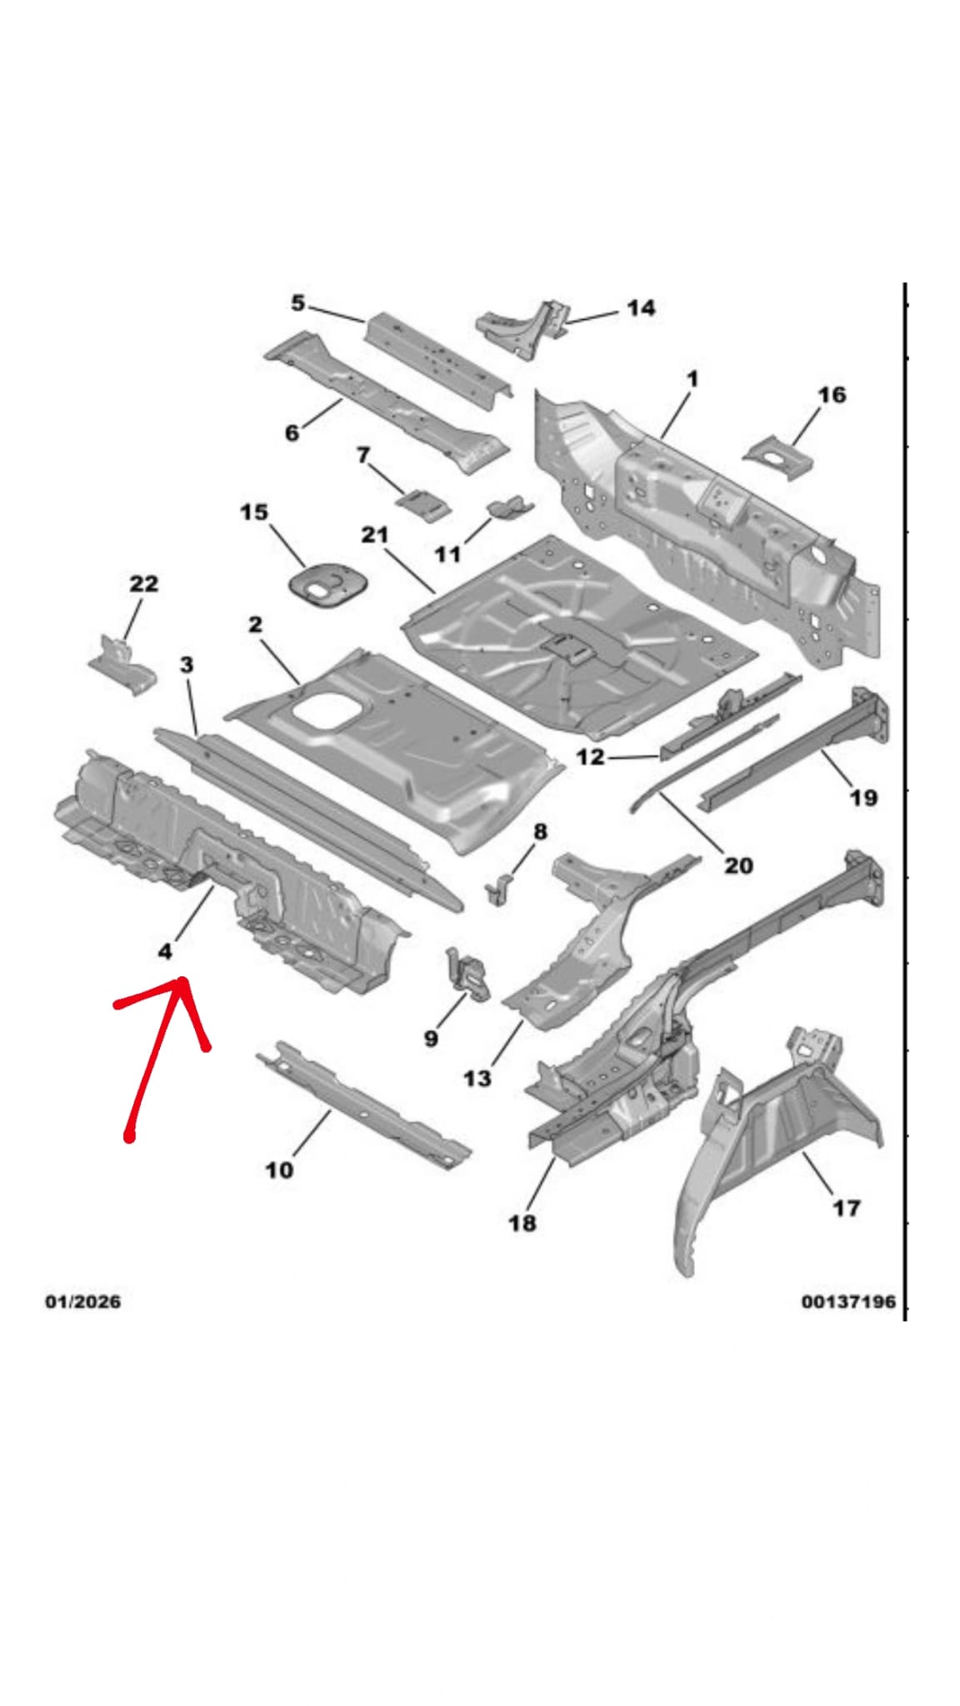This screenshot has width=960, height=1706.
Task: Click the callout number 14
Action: pyautogui.click(x=640, y=308)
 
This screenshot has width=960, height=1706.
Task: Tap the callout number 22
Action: pyautogui.click(x=143, y=584)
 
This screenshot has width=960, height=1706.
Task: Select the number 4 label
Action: pyautogui.click(x=165, y=950)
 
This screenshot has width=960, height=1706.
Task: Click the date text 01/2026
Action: pyautogui.click(x=82, y=1301)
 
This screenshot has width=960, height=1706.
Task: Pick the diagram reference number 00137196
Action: pyautogui.click(x=848, y=1301)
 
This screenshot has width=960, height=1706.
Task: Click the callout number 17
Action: pyautogui.click(x=846, y=1207)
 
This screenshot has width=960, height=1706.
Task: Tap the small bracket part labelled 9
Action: pyautogui.click(x=469, y=973)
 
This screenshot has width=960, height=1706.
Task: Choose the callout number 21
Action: pyautogui.click(x=375, y=534)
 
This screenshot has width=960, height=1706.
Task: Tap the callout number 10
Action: pyautogui.click(x=279, y=1170)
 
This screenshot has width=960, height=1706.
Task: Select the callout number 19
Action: pyautogui.click(x=863, y=797)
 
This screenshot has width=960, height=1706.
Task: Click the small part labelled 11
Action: pyautogui.click(x=509, y=506)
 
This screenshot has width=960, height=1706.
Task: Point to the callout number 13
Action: pyautogui.click(x=477, y=1078)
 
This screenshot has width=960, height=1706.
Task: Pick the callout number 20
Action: pyautogui.click(x=738, y=865)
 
